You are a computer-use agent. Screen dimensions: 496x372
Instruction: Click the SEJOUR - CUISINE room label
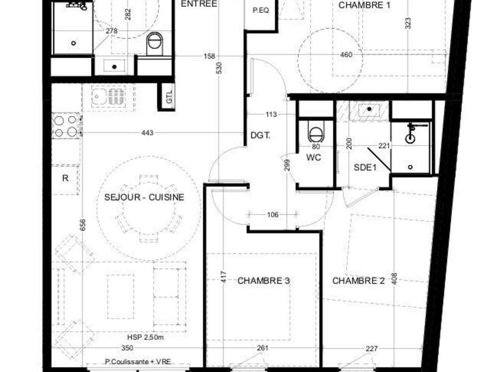[144, 197]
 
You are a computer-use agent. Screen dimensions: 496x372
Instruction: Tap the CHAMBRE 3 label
[263, 281]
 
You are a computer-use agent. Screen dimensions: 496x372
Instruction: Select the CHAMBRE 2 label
[358, 281]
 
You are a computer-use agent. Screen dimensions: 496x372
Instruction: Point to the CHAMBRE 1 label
[364, 5]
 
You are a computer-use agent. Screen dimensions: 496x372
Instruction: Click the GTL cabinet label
[169, 97]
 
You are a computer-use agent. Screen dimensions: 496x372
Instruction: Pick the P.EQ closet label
[261, 10]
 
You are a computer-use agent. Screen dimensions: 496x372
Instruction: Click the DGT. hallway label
[260, 135]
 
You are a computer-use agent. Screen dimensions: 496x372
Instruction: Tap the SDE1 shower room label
[365, 167]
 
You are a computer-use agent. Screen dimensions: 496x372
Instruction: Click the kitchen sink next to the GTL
[108, 96]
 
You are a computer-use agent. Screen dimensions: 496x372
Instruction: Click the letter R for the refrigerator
[65, 178]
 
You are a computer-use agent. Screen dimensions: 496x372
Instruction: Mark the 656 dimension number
[83, 225]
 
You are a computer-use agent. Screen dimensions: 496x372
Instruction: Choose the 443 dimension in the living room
[147, 133]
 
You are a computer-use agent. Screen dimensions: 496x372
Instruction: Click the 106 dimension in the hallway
[273, 215]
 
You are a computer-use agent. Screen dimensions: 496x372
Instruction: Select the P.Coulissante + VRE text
[138, 362]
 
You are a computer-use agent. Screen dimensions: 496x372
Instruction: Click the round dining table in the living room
[149, 209]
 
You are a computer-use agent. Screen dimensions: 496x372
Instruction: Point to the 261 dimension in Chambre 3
[262, 348]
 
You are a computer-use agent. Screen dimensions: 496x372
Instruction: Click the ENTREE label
[199, 4]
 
